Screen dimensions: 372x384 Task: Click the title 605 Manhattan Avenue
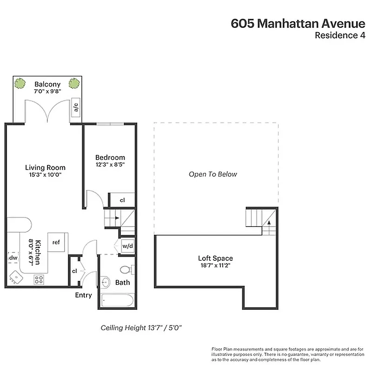298,24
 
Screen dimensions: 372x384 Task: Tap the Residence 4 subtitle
340,36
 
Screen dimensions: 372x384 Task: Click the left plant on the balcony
20,84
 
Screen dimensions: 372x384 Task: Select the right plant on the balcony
74,84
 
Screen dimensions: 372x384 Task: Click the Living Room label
45,167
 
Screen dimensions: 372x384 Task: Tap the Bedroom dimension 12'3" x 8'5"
110,164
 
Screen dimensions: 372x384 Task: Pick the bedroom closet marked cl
122,200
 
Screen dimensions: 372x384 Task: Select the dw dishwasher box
13,257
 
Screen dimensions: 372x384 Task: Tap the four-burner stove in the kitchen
39,279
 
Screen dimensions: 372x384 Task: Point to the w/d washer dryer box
128,246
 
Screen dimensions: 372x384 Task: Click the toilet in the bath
126,269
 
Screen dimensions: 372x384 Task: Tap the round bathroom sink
106,282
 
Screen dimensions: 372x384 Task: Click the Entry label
84,295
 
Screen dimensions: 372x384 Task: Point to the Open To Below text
213,174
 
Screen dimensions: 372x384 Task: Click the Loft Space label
215,258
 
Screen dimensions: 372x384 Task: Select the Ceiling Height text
141,328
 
